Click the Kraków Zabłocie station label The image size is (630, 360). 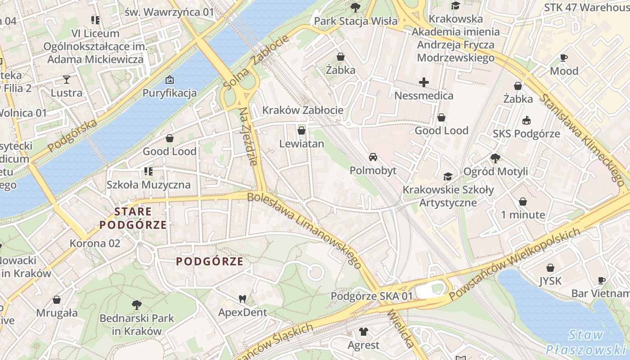[x=302, y=110]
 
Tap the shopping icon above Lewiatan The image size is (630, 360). [x=301, y=130]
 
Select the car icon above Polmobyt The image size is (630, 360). [x=373, y=157]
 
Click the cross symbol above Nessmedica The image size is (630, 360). [x=423, y=82]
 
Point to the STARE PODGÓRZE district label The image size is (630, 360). [x=133, y=218]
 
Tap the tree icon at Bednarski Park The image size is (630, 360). [x=136, y=305]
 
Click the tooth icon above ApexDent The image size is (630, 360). [x=242, y=298]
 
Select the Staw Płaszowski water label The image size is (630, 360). [x=585, y=342]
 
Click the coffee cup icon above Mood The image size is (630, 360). [x=563, y=58]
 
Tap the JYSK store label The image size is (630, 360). [x=550, y=281]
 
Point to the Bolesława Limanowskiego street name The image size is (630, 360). [x=304, y=229]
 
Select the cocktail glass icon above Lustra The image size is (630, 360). [x=67, y=80]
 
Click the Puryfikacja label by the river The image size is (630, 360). [x=170, y=93]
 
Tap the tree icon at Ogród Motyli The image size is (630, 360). [x=495, y=158]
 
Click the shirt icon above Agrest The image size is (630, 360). [x=363, y=332]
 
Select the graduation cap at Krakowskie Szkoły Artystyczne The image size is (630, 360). [x=448, y=176]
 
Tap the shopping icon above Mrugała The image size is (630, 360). [x=57, y=300]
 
